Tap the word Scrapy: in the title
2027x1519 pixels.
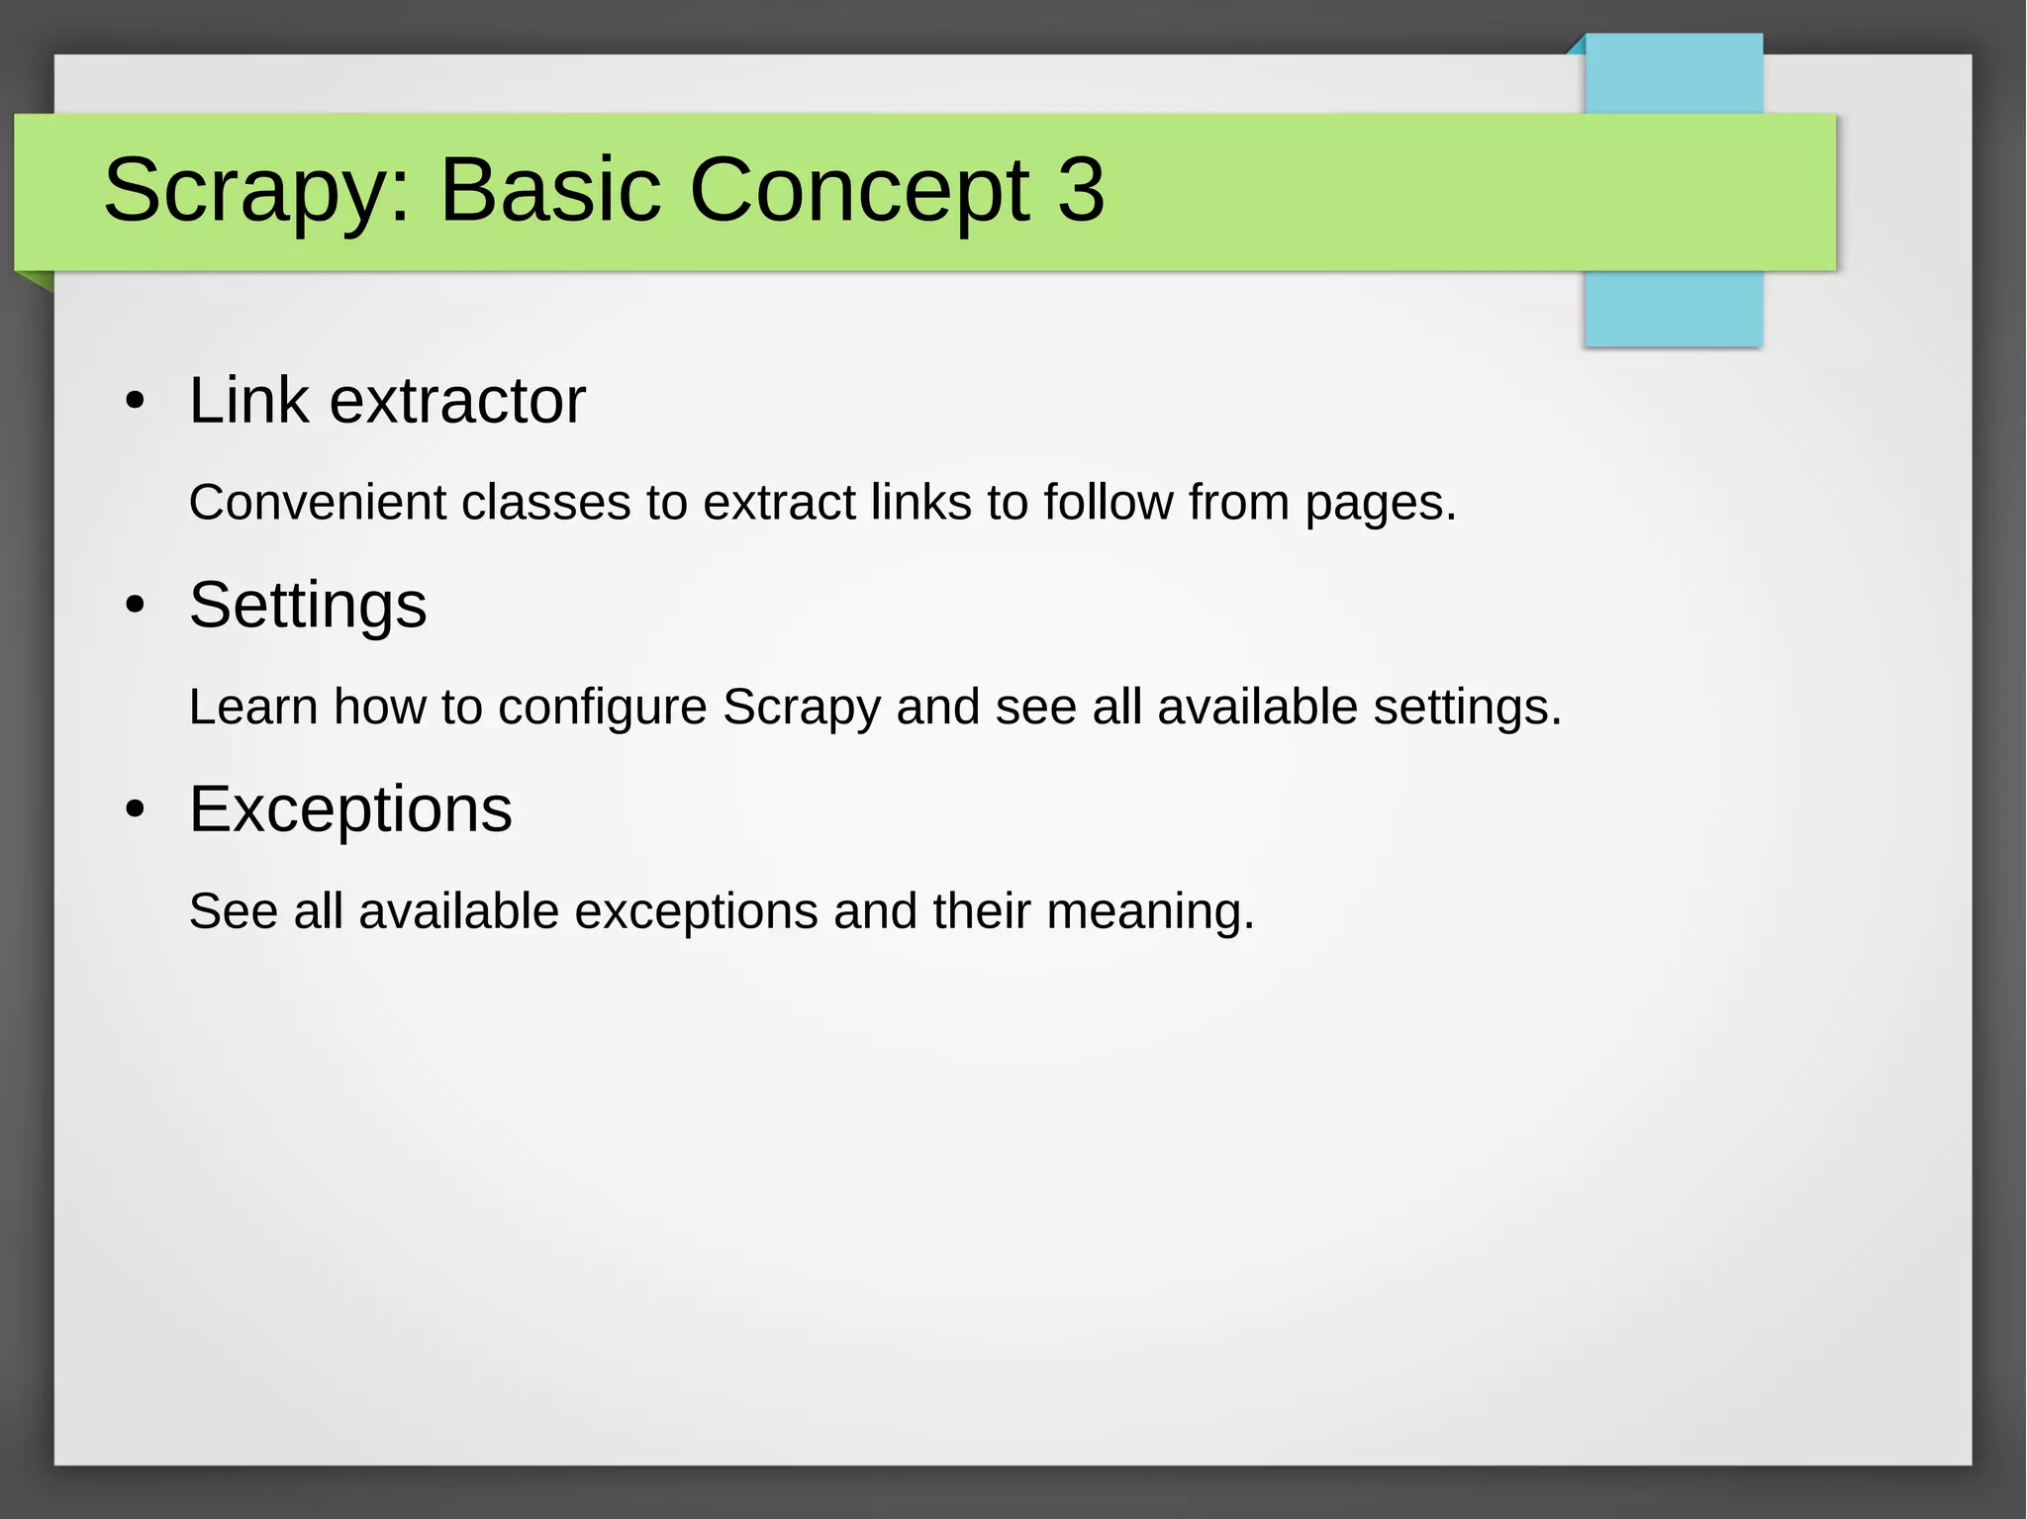(256, 191)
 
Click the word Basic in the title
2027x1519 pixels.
(550, 189)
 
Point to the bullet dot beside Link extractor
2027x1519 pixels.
(136, 402)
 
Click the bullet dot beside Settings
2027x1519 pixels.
(136, 606)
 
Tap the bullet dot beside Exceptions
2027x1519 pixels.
(136, 810)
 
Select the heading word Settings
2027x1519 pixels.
(308, 606)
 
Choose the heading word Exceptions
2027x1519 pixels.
(350, 809)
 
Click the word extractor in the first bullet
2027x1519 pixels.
(457, 401)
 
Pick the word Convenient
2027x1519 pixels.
(318, 503)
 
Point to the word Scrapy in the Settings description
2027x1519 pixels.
(802, 709)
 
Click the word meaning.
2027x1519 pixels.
(1150, 911)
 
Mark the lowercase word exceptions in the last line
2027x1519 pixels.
(696, 912)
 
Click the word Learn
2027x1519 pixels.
(253, 708)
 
